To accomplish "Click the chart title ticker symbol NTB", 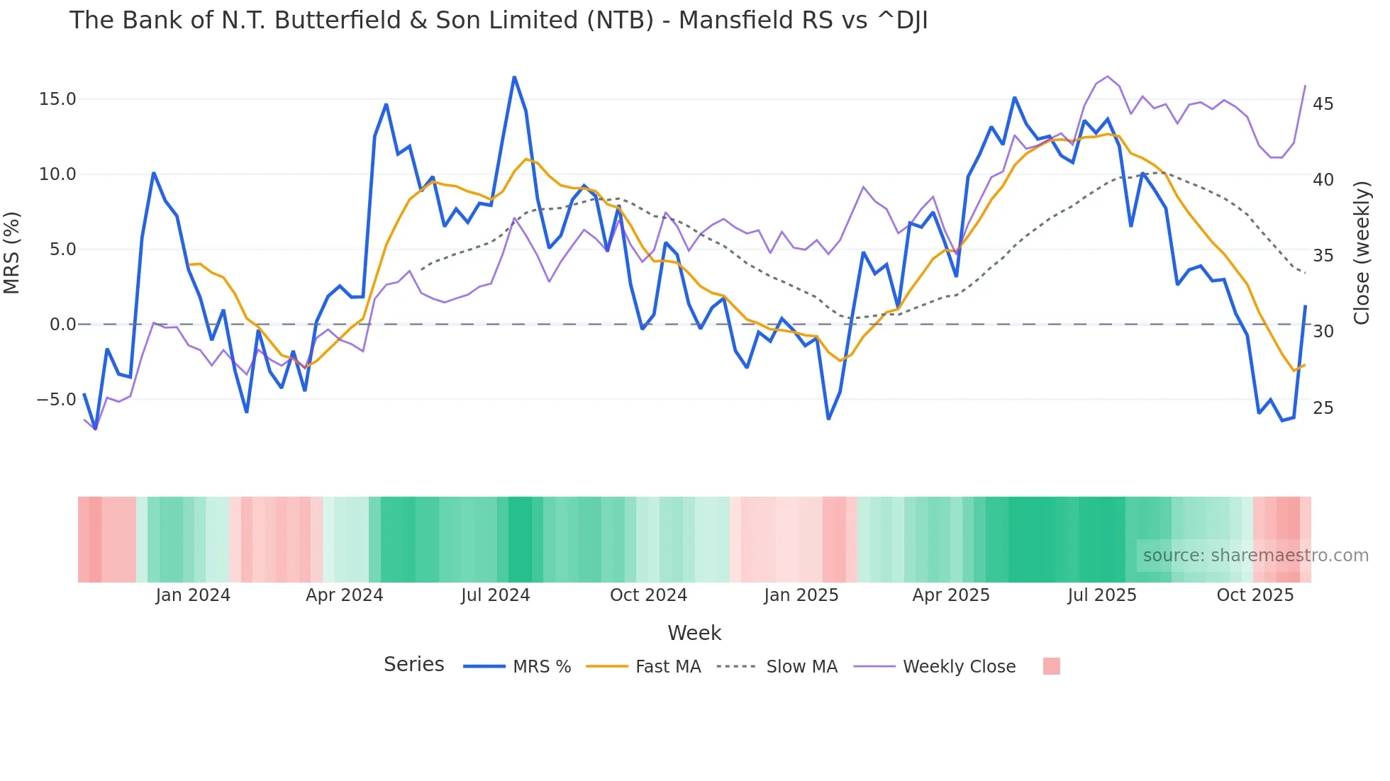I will pyautogui.click(x=624, y=21).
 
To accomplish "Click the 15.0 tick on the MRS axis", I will pyautogui.click(x=57, y=99).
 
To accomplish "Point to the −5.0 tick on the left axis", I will pyautogui.click(x=56, y=400).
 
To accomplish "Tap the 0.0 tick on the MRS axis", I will pyautogui.click(x=62, y=325).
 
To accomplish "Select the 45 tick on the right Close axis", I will pyautogui.click(x=1323, y=104).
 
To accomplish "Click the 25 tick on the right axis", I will pyautogui.click(x=1323, y=408).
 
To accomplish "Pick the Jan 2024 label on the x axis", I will pyautogui.click(x=193, y=595).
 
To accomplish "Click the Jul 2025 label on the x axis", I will pyautogui.click(x=1102, y=595).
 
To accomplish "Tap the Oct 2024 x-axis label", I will pyautogui.click(x=648, y=595).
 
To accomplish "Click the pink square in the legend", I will pyautogui.click(x=1052, y=666).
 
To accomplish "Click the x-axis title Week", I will pyautogui.click(x=694, y=633).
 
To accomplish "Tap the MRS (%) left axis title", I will pyautogui.click(x=12, y=253).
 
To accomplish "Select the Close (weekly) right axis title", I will pyautogui.click(x=1361, y=253).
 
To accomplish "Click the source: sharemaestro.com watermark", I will pyautogui.click(x=1255, y=556).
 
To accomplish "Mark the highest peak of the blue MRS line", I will pyautogui.click(x=514, y=77).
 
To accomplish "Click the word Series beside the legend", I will pyautogui.click(x=413, y=665).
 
